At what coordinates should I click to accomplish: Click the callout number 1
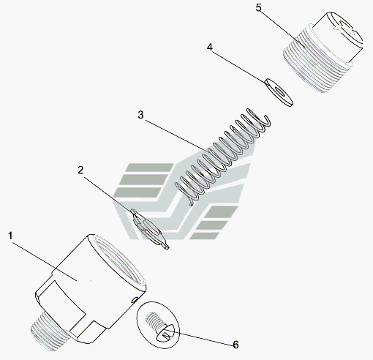pyautogui.click(x=10, y=236)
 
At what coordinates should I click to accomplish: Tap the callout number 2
pyautogui.click(x=80, y=170)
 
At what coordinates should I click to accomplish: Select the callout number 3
pyautogui.click(x=140, y=115)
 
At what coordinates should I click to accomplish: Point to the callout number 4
pyautogui.click(x=210, y=48)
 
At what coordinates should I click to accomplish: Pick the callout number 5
pyautogui.click(x=259, y=7)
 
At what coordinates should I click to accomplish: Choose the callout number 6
pyautogui.click(x=236, y=345)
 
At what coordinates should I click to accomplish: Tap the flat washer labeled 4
pyautogui.click(x=279, y=92)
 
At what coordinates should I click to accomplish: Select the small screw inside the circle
pyautogui.click(x=159, y=327)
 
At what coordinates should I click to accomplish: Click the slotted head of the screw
pyautogui.click(x=165, y=333)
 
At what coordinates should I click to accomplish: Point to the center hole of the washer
pyautogui.click(x=279, y=91)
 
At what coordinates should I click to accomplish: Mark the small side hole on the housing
pyautogui.click(x=134, y=299)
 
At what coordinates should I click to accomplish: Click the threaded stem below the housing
pyautogui.click(x=48, y=331)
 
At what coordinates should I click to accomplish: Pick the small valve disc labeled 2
pyautogui.click(x=150, y=229)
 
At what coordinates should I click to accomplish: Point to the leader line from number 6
pyautogui.click(x=200, y=339)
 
